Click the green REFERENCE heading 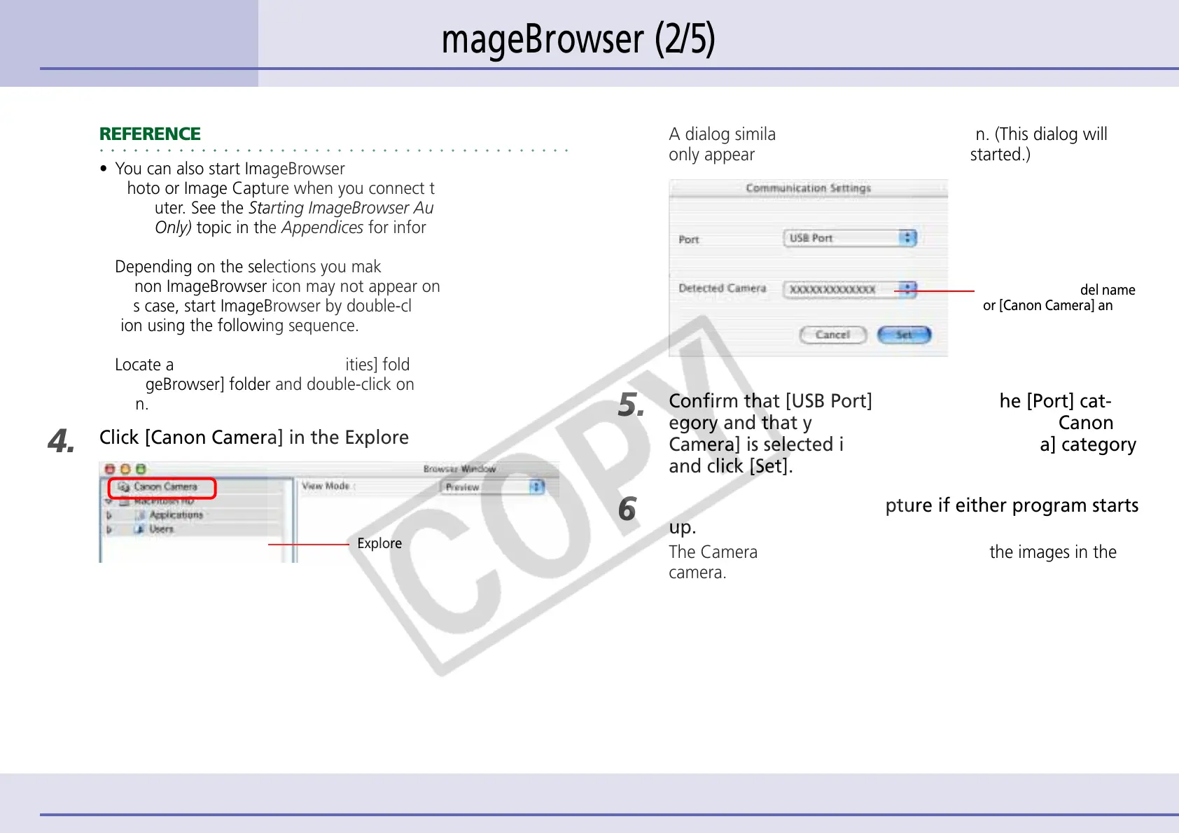tap(150, 134)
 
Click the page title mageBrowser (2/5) tap(578, 39)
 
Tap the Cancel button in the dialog tap(832, 335)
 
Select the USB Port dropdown tap(849, 239)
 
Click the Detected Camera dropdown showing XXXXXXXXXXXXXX tap(849, 289)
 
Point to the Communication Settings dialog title tap(808, 188)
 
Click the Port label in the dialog tap(689, 239)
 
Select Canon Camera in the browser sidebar tap(165, 486)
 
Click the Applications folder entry tap(176, 514)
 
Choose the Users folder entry tap(161, 529)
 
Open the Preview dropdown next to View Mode tap(494, 487)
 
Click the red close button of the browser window tap(109, 469)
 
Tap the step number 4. tap(61, 441)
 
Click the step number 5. tap(631, 405)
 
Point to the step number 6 tap(627, 509)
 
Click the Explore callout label tap(379, 544)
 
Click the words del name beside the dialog tap(1107, 290)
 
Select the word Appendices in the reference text tap(323, 227)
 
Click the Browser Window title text tap(459, 469)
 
